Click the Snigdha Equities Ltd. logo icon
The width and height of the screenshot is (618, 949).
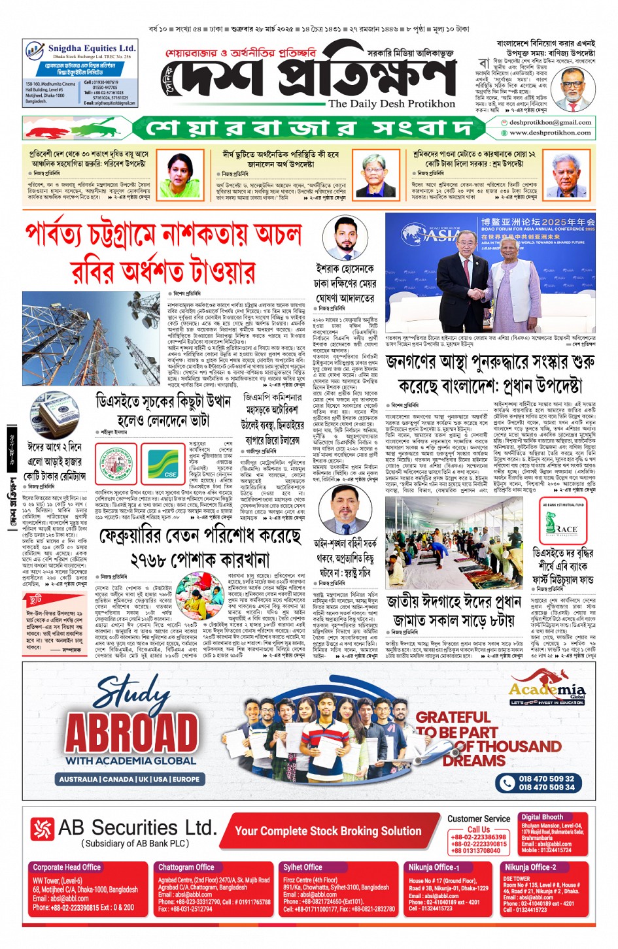pyautogui.click(x=35, y=50)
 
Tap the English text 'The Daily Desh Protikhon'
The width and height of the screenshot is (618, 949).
pyautogui.click(x=391, y=104)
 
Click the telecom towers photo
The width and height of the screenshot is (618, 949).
pyautogui.click(x=91, y=339)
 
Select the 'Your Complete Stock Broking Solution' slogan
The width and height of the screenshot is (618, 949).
pyautogui.click(x=328, y=831)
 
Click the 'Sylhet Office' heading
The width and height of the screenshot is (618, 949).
pyautogui.click(x=303, y=867)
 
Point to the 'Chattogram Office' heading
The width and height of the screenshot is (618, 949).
pyautogui.click(x=186, y=867)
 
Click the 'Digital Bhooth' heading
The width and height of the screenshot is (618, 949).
pyautogui.click(x=541, y=817)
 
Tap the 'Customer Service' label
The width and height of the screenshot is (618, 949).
pyautogui.click(x=479, y=818)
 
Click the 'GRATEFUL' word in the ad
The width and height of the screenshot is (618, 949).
pyautogui.click(x=453, y=717)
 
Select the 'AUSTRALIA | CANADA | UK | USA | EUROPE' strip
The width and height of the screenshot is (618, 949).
pyautogui.click(x=129, y=779)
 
